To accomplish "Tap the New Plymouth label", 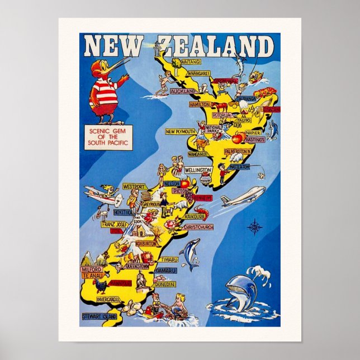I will (x=179, y=132).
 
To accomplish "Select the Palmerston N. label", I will (x=238, y=151).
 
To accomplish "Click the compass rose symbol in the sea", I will (x=254, y=226).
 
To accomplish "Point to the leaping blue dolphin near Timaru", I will (x=191, y=252).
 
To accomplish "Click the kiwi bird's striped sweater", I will (x=106, y=91).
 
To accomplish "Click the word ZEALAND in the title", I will (x=215, y=46).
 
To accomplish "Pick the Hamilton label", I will (x=199, y=105).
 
